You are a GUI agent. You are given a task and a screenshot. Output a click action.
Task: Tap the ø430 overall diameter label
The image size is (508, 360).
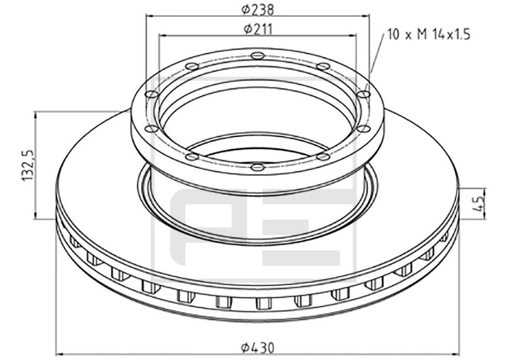pos(257,348)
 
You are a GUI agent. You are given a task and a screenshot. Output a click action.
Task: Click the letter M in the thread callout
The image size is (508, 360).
pos(422,35)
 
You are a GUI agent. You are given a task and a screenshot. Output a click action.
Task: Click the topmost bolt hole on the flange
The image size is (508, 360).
pos(256,55)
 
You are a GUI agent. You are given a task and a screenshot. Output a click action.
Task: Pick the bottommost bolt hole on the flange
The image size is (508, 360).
pos(256,166)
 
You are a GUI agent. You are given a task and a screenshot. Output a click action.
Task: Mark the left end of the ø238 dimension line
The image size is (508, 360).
pos(146,17)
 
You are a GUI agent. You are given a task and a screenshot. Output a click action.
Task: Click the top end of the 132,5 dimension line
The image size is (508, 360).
pos(36,112)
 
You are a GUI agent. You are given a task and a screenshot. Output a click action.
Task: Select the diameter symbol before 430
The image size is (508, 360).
pos(245,348)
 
